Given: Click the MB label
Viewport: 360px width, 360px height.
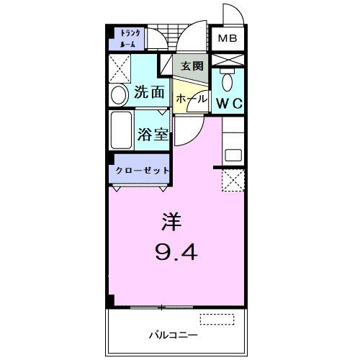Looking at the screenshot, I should coord(228,38).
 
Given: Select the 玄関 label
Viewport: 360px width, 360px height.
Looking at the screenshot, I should coord(192,66).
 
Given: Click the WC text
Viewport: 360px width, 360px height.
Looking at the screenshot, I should coord(230,104).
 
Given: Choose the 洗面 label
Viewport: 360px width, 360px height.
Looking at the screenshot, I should coord(150,93).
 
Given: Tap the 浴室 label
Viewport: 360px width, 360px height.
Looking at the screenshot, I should coord(152,134).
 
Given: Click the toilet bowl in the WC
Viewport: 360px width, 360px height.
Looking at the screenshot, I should coord(230,80).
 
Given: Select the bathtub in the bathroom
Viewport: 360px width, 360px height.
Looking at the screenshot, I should coord(122,130).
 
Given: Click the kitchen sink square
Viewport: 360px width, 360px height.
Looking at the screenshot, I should coord(233,154).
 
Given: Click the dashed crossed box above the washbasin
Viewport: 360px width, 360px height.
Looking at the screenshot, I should coord(120,69).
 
